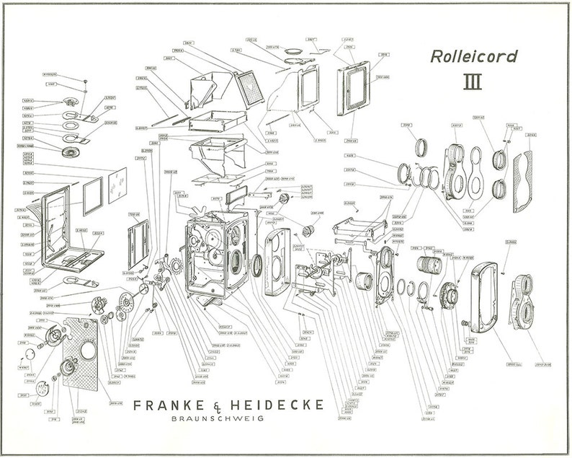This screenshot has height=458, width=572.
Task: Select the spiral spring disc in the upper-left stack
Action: click(70, 152)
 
